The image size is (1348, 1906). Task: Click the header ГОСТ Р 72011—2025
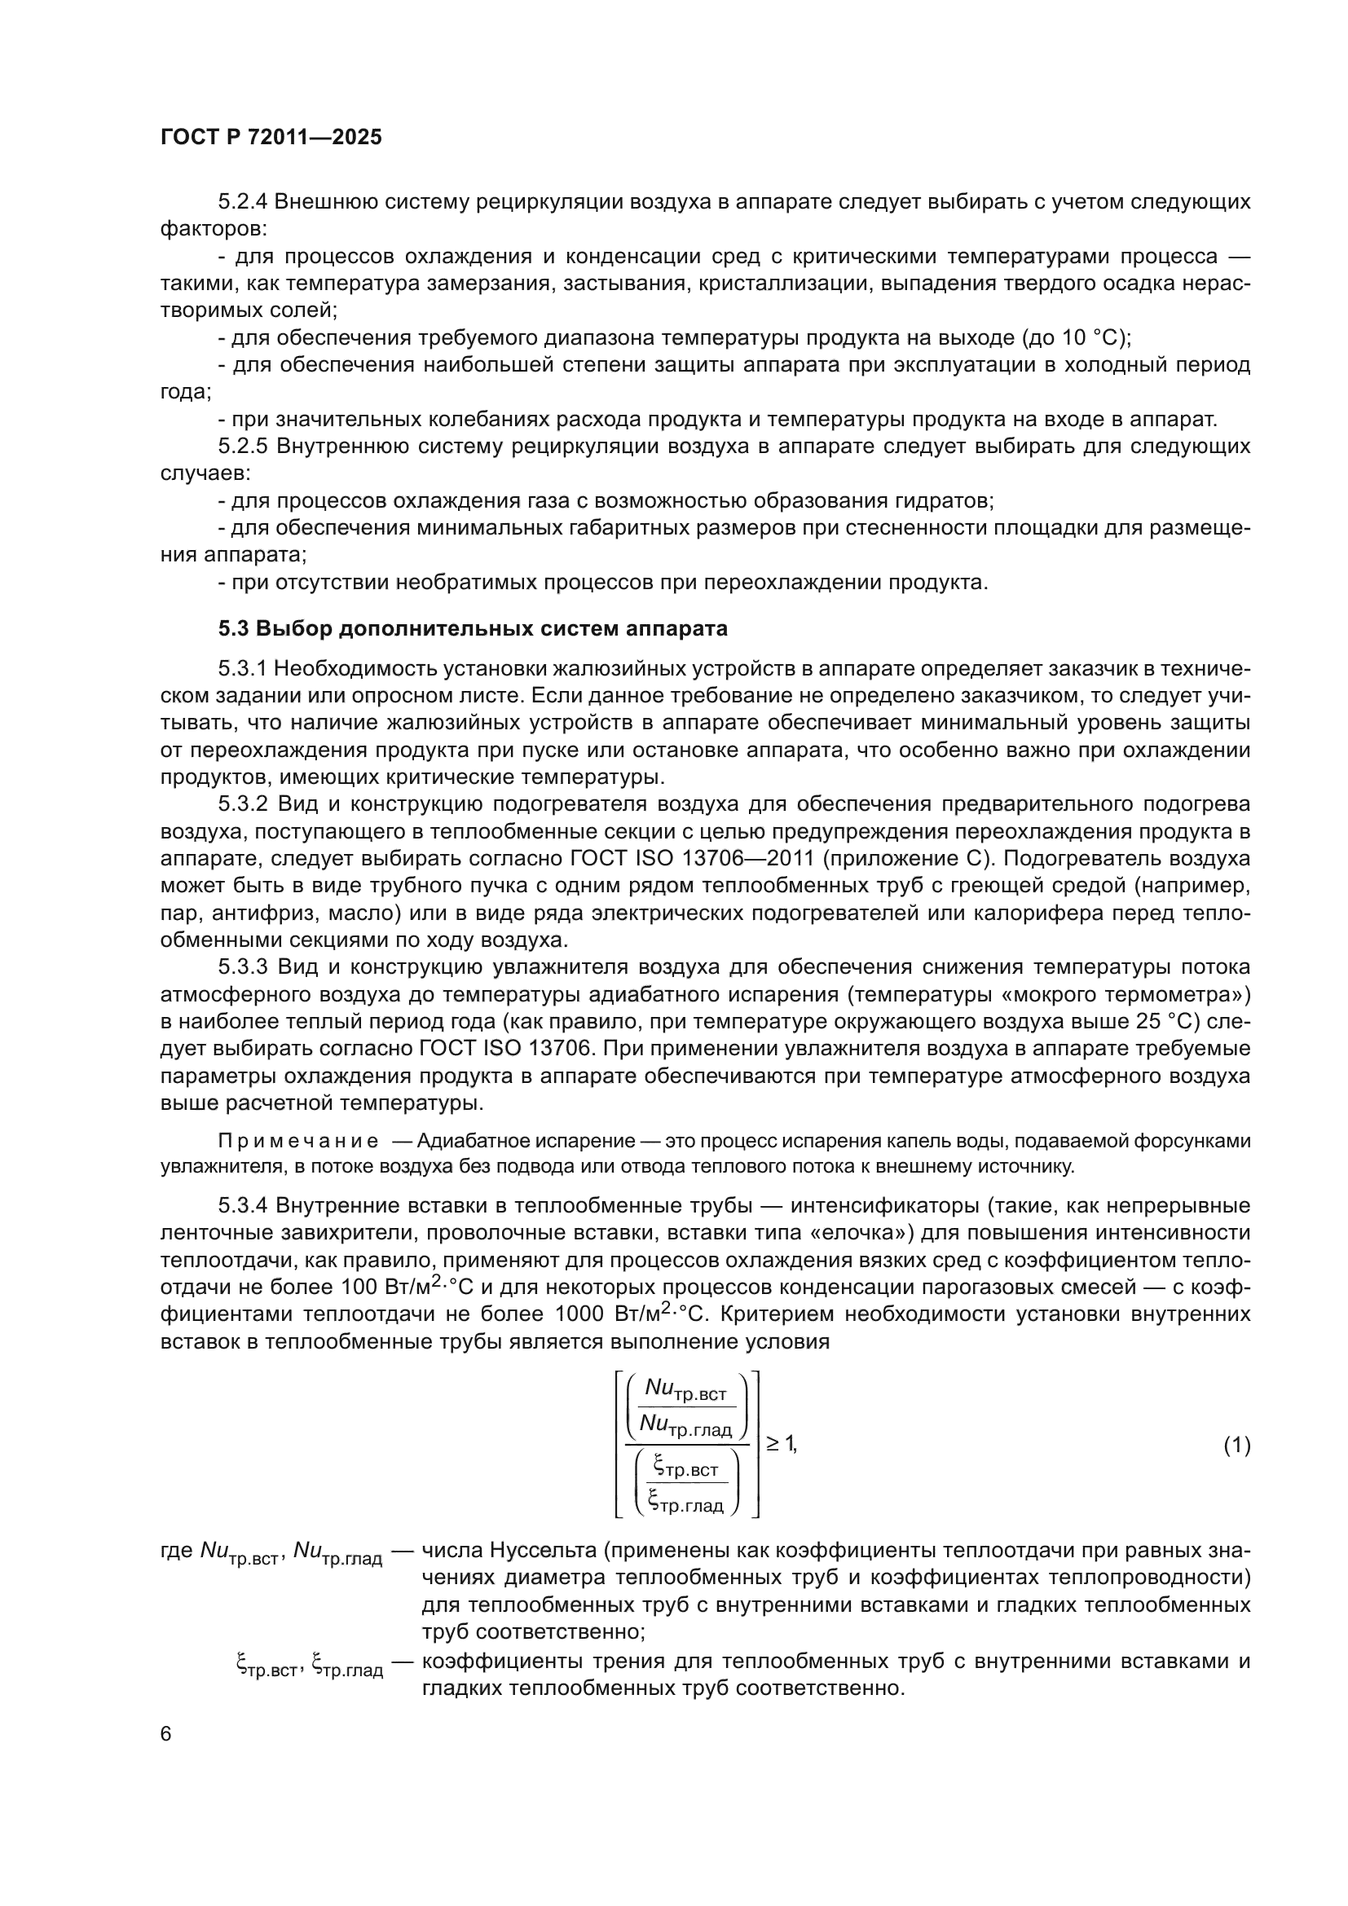point(271,138)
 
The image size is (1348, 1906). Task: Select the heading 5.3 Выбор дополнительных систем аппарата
point(474,628)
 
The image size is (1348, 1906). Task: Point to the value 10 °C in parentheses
point(1089,338)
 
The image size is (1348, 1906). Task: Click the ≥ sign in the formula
point(772,1444)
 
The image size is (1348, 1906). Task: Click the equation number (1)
point(1236,1446)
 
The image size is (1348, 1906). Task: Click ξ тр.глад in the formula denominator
point(685,1502)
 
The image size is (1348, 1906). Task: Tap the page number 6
point(166,1734)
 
